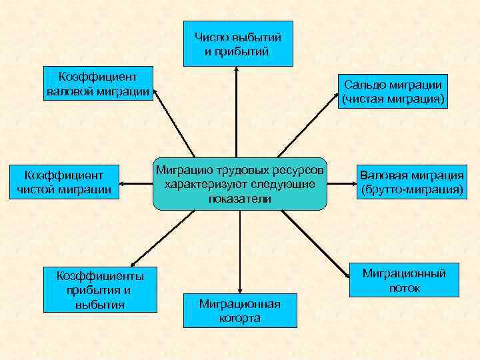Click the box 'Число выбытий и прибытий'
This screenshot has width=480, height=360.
(x=238, y=43)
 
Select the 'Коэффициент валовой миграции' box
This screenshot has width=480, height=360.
(x=98, y=84)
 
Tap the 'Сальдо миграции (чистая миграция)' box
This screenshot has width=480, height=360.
(x=393, y=92)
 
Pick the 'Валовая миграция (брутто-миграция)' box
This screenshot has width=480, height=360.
(x=411, y=183)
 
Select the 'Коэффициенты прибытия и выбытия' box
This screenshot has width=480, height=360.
(x=99, y=289)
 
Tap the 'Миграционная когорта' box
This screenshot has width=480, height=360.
(x=239, y=311)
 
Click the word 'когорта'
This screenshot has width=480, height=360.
(x=239, y=318)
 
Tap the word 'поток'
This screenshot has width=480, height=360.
(x=404, y=288)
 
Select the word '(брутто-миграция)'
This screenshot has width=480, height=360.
(x=411, y=190)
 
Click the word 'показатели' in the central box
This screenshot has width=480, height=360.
(x=239, y=199)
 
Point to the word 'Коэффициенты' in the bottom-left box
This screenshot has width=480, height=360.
(x=99, y=275)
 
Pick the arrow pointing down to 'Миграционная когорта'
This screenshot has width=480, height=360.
(x=239, y=253)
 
